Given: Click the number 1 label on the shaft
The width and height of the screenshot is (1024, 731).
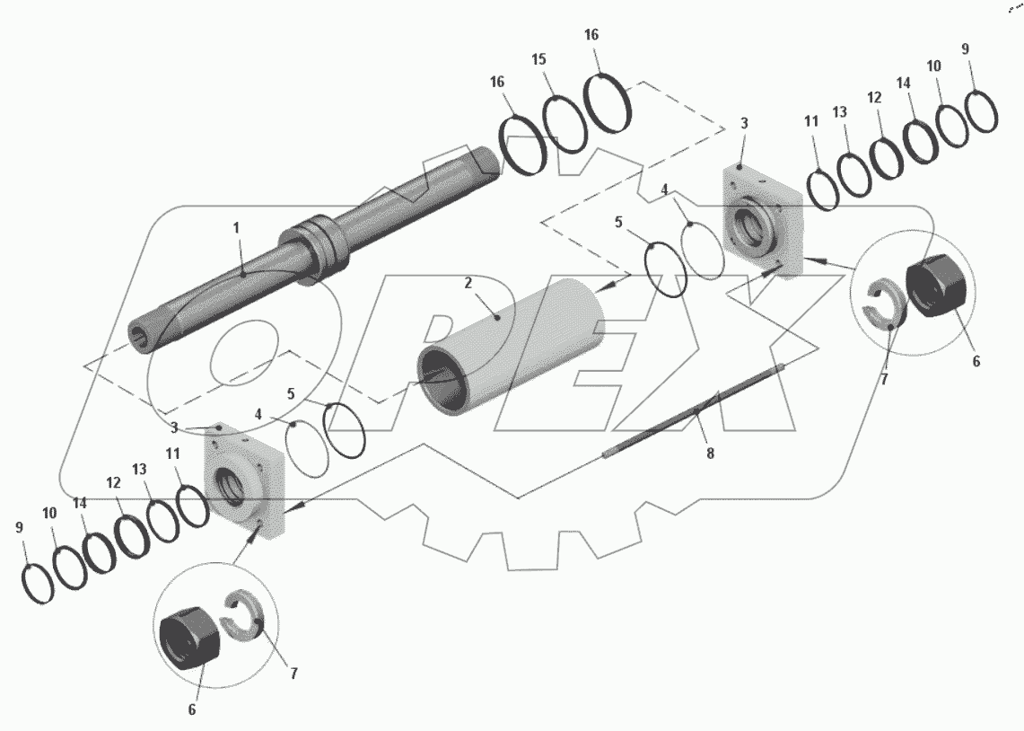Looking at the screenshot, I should (x=237, y=228).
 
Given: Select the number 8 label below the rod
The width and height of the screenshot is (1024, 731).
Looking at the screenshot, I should (x=710, y=454).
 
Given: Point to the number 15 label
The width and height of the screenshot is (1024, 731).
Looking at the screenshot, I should (x=538, y=59).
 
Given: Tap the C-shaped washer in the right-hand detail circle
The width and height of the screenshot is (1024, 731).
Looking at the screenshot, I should (x=881, y=305).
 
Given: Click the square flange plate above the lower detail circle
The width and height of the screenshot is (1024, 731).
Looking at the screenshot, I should (x=244, y=483).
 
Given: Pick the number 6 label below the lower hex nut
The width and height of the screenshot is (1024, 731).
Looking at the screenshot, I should (x=191, y=709).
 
